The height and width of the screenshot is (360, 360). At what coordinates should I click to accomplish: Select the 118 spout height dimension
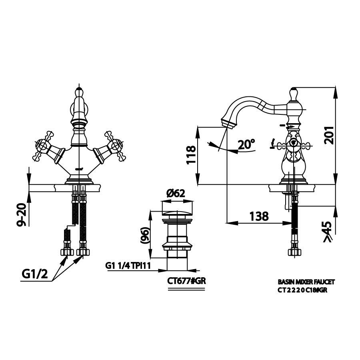coord(191,155)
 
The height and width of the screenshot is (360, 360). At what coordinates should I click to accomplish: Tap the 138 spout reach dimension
coord(259,216)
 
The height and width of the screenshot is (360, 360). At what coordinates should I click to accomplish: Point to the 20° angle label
coord(246,144)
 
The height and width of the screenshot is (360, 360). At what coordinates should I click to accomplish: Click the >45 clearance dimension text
coord(327,232)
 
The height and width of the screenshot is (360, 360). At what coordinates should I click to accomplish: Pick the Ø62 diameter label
coord(176,194)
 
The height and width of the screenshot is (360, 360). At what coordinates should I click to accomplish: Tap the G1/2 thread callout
coord(35,274)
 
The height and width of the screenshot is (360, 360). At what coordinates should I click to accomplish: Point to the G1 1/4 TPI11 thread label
coord(128,266)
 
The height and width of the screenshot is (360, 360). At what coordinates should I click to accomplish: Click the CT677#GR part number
coord(186,281)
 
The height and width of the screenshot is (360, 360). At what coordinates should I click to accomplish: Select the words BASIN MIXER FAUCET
coord(306,282)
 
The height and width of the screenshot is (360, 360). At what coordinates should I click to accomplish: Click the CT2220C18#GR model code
coord(302,290)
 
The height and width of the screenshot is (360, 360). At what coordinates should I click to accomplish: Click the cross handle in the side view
coord(293,145)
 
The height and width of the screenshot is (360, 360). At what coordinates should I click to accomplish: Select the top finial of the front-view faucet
coord(79,92)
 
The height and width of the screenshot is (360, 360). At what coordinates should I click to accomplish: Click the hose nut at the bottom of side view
coord(294,252)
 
